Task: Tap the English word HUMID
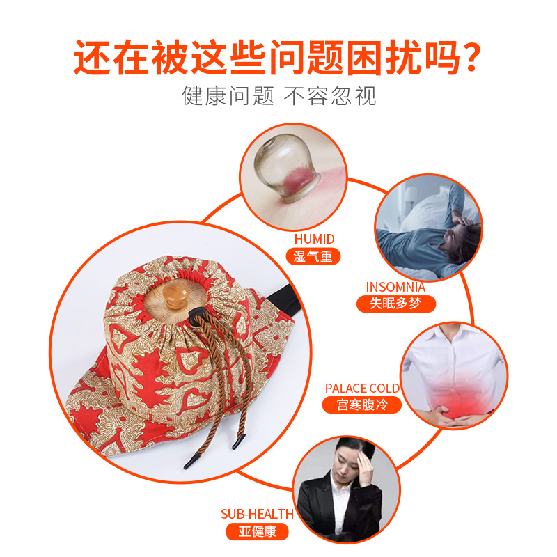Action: click(314, 239)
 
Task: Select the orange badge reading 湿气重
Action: click(313, 256)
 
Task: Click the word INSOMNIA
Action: click(395, 287)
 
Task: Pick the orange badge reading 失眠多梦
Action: click(395, 304)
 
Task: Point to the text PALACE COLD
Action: click(362, 389)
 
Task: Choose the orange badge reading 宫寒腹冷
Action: click(361, 405)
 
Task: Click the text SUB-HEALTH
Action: click(257, 514)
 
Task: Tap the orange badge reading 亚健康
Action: click(257, 531)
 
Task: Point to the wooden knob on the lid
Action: click(175, 295)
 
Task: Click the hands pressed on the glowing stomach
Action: click(452, 416)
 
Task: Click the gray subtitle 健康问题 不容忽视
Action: click(279, 96)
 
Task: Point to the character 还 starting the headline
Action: click(91, 57)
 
